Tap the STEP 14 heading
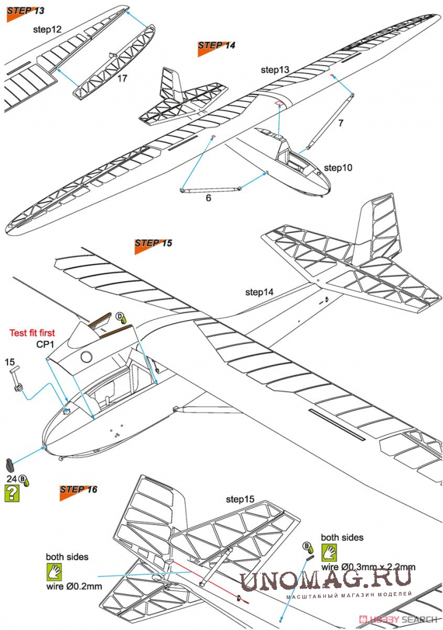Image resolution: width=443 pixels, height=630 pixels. pos(217,46)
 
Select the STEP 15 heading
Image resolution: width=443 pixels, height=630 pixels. pos(153,243)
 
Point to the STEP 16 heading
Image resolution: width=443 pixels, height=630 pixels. pos(78,490)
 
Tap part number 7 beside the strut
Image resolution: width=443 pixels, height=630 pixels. pos(340,123)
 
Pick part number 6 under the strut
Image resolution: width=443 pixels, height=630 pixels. pos(208,199)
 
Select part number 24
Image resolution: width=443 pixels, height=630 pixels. pos(11,478)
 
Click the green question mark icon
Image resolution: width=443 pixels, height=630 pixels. pos(11,493)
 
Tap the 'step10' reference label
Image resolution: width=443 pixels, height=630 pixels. pos(338,167)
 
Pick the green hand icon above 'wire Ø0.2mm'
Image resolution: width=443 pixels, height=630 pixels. pos(55,570)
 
